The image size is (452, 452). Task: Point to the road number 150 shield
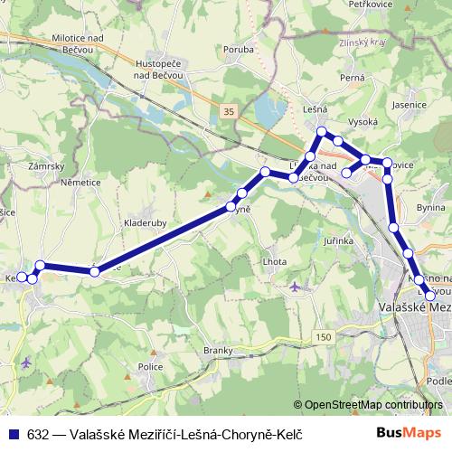tap(324, 336)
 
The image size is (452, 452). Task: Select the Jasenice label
tap(410, 105)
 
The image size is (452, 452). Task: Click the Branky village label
tap(219, 350)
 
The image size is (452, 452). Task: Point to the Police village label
tap(151, 366)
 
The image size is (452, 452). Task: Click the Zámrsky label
tap(45, 167)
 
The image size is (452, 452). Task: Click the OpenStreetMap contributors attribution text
tap(373, 404)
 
